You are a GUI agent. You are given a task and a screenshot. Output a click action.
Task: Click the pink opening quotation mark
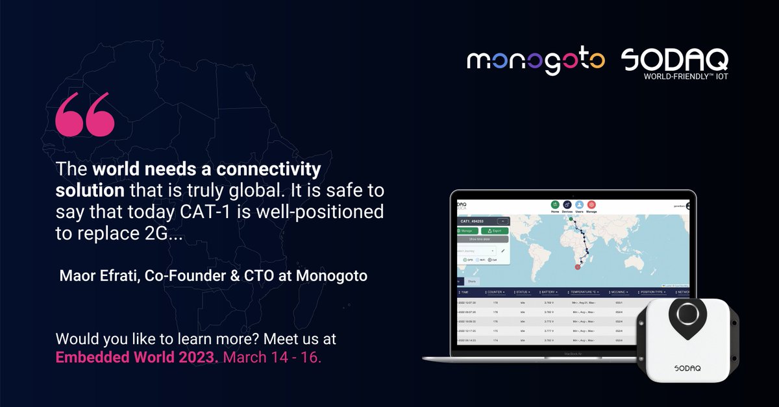pyautogui.click(x=85, y=117)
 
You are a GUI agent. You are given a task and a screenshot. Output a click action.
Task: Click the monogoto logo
pyautogui.click(x=536, y=62)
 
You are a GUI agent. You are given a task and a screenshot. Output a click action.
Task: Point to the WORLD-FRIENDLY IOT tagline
pyautogui.click(x=686, y=76)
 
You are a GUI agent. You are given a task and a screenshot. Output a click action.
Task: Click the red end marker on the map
pyautogui.click(x=578, y=267)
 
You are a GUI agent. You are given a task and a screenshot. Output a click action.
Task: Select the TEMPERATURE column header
pyautogui.click(x=586, y=293)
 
